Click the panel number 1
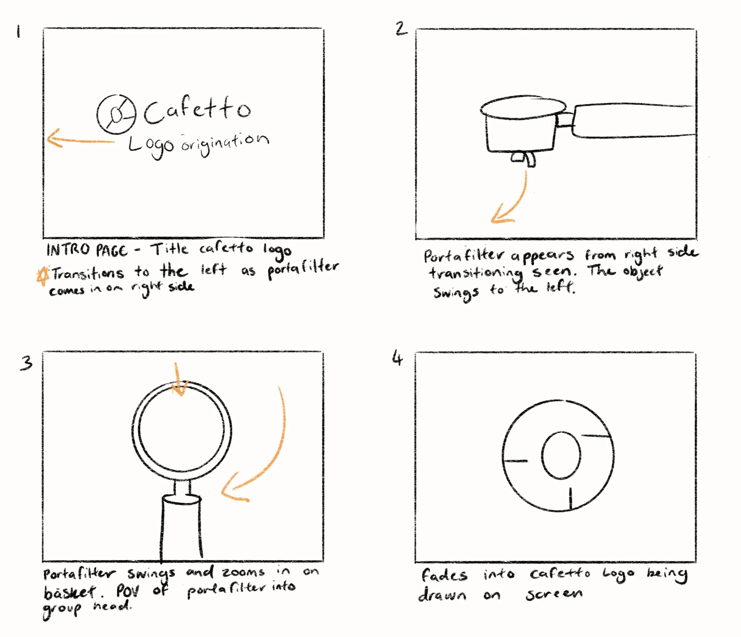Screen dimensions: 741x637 tap(19, 31)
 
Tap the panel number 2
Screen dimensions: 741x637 tap(401, 28)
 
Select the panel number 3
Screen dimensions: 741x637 tap(26, 363)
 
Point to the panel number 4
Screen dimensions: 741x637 tap(397, 358)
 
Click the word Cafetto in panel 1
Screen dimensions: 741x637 tap(197, 109)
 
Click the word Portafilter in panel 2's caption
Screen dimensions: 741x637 tap(464, 256)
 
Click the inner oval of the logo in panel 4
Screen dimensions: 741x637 tap(561, 455)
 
